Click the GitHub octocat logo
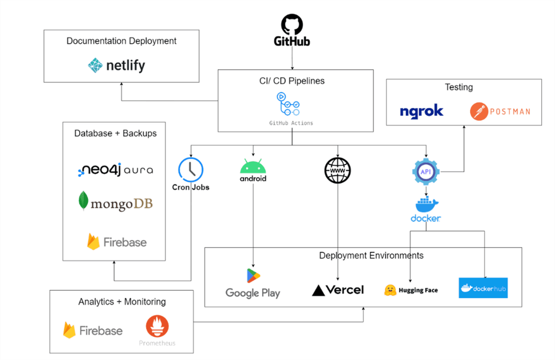click(292, 25)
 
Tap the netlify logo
click(117, 65)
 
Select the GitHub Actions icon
click(288, 104)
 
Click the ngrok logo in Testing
click(421, 111)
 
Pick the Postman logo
click(500, 111)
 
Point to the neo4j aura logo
click(116, 170)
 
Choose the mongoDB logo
click(116, 202)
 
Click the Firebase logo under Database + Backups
click(117, 242)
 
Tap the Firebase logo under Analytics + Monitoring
click(92, 330)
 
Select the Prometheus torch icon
click(157, 326)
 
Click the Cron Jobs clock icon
click(191, 170)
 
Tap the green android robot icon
click(253, 166)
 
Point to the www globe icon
click(338, 170)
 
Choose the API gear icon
click(426, 172)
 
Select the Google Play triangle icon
click(253, 276)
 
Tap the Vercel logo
click(338, 290)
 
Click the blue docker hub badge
click(483, 288)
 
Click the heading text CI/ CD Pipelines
click(292, 81)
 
